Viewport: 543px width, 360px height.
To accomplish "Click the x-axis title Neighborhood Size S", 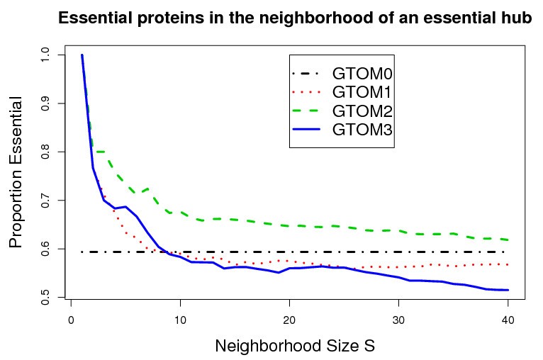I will point(294,347).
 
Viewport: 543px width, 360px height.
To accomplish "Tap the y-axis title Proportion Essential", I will point(17,174).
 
